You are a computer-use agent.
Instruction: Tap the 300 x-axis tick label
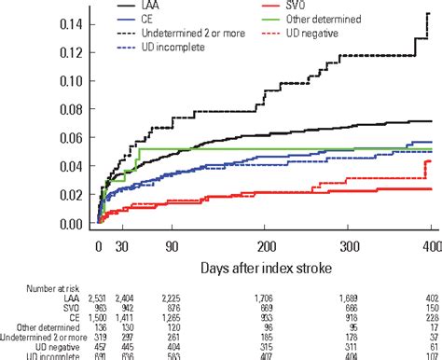pyautogui.click(x=347, y=244)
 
